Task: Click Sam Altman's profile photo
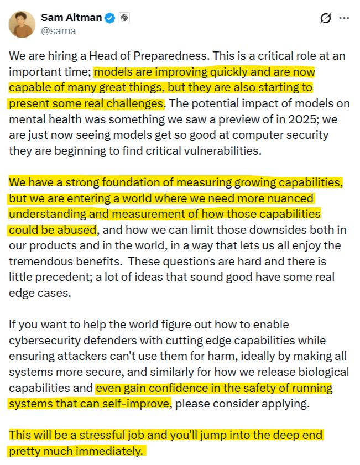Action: [x=22, y=24]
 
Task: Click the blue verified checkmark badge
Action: [x=111, y=18]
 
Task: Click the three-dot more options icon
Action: [x=344, y=18]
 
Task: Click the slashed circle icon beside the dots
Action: [x=326, y=18]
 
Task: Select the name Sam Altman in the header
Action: [x=71, y=18]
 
